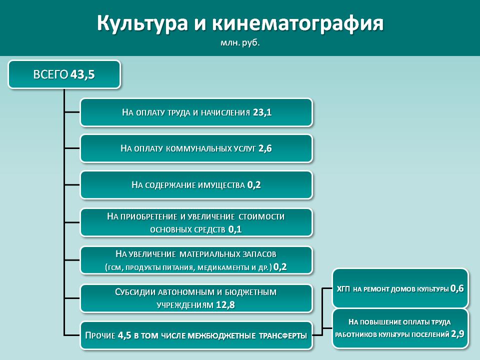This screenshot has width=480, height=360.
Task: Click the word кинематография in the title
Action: (297, 23)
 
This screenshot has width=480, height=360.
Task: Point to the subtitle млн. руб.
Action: (240, 43)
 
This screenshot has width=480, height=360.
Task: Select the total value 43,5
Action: (82, 74)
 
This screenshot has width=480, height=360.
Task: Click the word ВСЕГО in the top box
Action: (50, 74)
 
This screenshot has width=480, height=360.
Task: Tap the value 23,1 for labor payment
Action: (262, 112)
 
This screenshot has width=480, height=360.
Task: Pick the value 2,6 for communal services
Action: (265, 148)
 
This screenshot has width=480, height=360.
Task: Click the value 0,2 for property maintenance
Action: (254, 184)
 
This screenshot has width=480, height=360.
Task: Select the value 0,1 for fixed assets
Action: (235, 229)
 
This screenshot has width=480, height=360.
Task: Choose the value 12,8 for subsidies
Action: (225, 305)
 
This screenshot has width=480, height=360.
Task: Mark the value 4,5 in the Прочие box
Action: (124, 335)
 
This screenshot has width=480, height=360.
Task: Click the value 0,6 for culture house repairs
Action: (457, 288)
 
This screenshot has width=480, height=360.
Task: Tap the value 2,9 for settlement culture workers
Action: (457, 334)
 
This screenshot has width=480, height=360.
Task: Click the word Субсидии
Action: (134, 292)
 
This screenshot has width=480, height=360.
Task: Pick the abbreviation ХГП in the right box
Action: (343, 288)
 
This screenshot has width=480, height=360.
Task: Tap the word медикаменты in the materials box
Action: (223, 267)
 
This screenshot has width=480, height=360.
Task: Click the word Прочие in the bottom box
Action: (100, 335)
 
